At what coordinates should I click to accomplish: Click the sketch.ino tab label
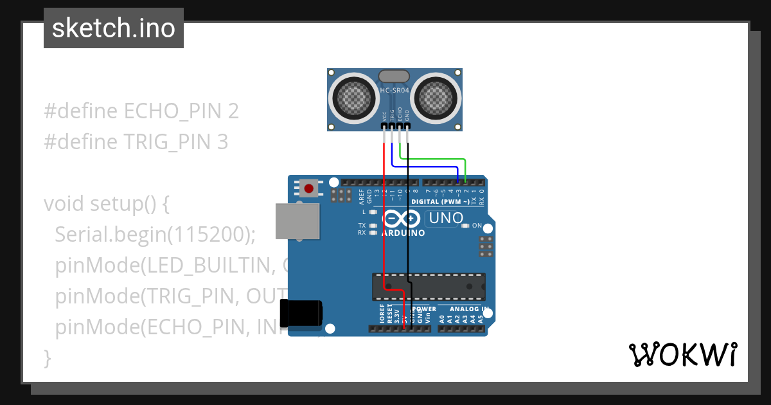tap(114, 28)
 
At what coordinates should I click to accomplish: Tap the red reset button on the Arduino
tap(309, 188)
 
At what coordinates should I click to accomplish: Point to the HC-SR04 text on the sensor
tap(394, 90)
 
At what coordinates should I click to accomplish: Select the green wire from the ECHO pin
tap(437, 158)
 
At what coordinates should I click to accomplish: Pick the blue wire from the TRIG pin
tap(424, 167)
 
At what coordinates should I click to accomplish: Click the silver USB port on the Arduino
tap(297, 222)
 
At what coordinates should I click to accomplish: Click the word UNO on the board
tap(446, 218)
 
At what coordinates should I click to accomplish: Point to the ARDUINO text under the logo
tap(403, 233)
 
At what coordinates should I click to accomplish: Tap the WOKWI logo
tap(682, 354)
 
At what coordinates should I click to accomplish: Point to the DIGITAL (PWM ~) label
tap(440, 201)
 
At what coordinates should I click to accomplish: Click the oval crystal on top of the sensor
tap(394, 76)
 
